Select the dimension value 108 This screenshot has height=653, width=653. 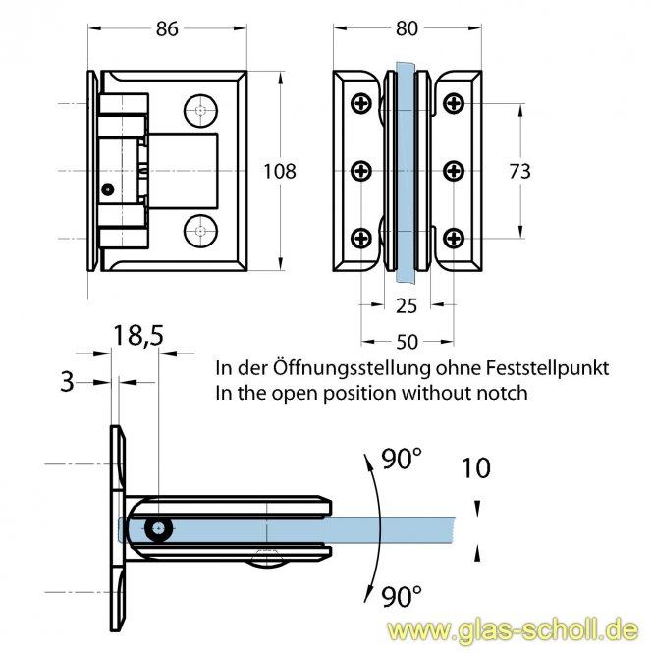click(280, 171)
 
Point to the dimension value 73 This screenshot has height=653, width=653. click(519, 171)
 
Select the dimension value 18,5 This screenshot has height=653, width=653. click(137, 337)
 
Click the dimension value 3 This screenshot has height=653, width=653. click(67, 381)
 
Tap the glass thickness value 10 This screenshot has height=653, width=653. click(476, 467)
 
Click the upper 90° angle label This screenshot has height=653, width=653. click(401, 458)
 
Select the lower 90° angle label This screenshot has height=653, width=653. click(402, 593)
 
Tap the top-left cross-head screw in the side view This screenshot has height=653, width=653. click(362, 103)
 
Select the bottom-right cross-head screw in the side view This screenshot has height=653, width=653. click(454, 237)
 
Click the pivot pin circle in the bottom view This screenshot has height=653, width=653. click(156, 529)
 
